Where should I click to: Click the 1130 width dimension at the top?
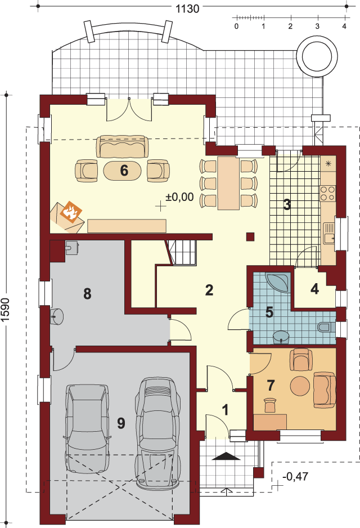point(188,8)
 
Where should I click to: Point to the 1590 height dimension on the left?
point(6,310)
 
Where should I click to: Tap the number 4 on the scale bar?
point(344,26)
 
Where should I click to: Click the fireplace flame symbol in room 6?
point(71,212)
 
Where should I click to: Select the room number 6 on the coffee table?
point(124,171)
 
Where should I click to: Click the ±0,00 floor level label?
point(179,196)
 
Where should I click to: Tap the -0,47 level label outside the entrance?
point(295,476)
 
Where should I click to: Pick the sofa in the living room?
point(122,146)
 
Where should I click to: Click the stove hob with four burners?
point(328,193)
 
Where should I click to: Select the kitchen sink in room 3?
point(330,234)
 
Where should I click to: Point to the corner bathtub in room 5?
point(278,282)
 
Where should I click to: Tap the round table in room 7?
point(300,386)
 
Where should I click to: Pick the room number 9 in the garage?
point(121,423)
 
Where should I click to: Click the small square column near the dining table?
point(250,237)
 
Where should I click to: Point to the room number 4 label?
point(314,289)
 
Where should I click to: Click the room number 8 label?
point(88,294)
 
